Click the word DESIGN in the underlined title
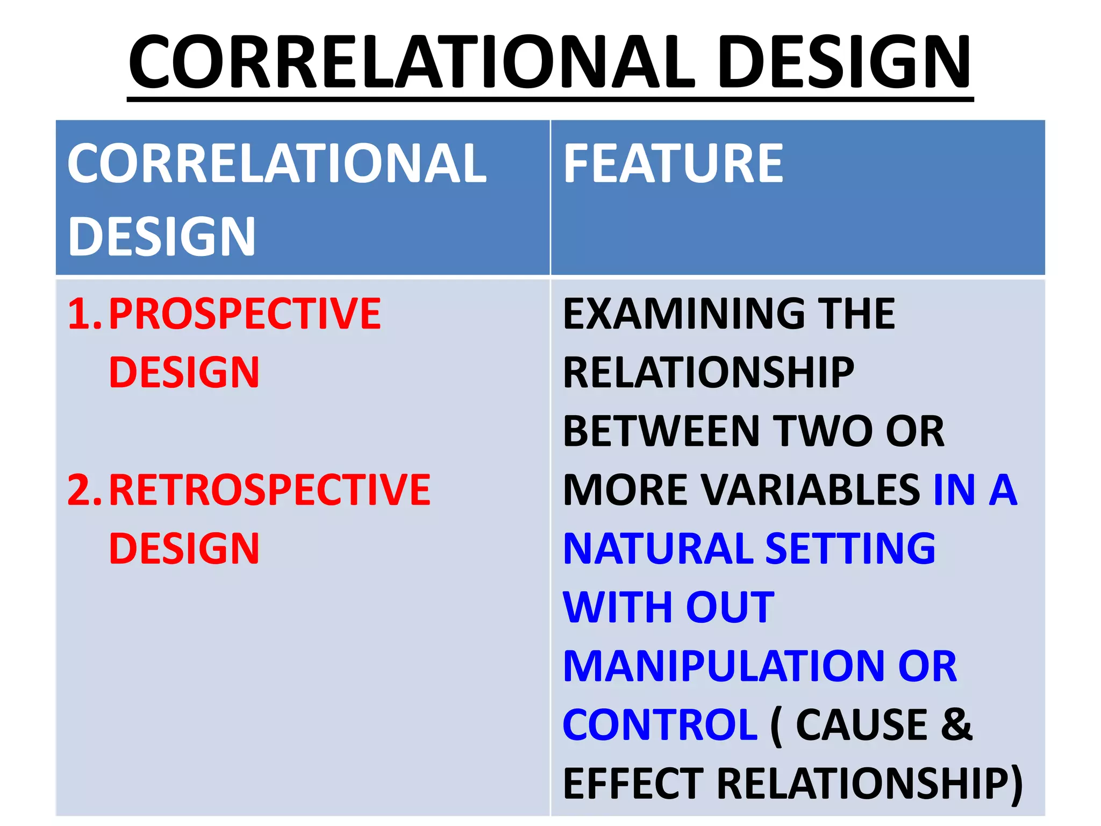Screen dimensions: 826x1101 pyautogui.click(x=844, y=62)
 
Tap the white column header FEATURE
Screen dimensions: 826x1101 pyautogui.click(x=673, y=163)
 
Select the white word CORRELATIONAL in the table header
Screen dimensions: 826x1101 pyautogui.click(x=277, y=163)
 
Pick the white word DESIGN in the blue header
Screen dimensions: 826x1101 pyautogui.click(x=161, y=237)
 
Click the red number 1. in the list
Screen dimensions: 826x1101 pyautogui.click(x=84, y=314)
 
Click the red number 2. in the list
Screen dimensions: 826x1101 pyautogui.click(x=84, y=490)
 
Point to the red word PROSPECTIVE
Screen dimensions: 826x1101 pyautogui.click(x=245, y=314)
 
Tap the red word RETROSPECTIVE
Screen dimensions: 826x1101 pyautogui.click(x=269, y=490)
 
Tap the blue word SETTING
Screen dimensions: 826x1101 pyautogui.click(x=850, y=549)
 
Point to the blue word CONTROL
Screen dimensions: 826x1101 pyautogui.click(x=660, y=724)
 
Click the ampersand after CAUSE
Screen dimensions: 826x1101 pyautogui.click(x=957, y=724)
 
